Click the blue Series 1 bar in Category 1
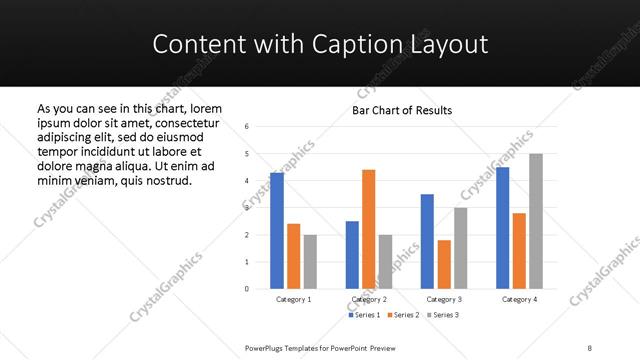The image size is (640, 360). pyautogui.click(x=277, y=231)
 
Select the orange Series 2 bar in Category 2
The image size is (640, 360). pyautogui.click(x=368, y=229)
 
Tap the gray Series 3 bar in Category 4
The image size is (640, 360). pyautogui.click(x=536, y=221)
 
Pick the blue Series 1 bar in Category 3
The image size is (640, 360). pyautogui.click(x=427, y=241)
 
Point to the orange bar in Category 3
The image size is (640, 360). pyautogui.click(x=444, y=264)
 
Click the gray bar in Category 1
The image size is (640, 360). pyautogui.click(x=310, y=262)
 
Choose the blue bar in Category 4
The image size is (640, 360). pyautogui.click(x=502, y=228)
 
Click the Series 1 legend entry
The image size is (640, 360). pyautogui.click(x=362, y=315)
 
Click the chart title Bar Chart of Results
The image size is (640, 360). pyautogui.click(x=402, y=110)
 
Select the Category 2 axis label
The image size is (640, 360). pyautogui.click(x=368, y=299)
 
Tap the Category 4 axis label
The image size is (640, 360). pyautogui.click(x=519, y=299)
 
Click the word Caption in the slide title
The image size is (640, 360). pyautogui.click(x=324, y=44)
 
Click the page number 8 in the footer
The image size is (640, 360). pyautogui.click(x=589, y=346)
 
